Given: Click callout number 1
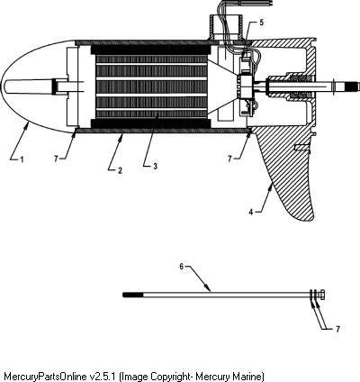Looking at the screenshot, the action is tap(22, 159).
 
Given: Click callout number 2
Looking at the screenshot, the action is tap(120, 170).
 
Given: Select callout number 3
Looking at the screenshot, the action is tap(155, 166).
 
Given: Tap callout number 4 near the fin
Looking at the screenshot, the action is tap(251, 212).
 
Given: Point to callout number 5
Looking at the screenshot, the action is tap(261, 23).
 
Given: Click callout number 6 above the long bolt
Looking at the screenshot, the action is tap(182, 267).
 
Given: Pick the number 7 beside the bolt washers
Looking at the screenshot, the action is tap(337, 329).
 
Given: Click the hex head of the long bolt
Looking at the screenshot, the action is tap(322, 295).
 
